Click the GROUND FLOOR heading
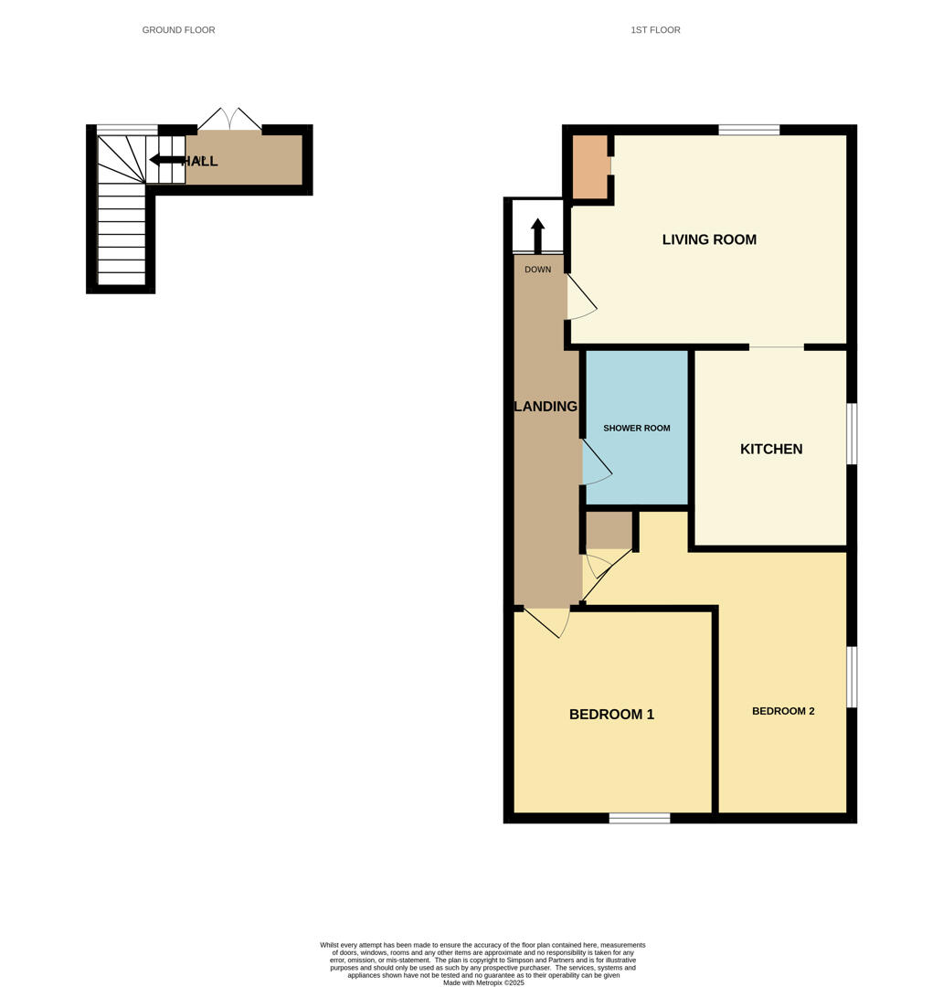tap(178, 30)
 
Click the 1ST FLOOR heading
tap(655, 30)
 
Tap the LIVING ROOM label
tap(709, 239)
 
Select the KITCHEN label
tap(771, 449)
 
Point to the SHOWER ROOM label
tap(637, 428)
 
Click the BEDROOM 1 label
tap(611, 715)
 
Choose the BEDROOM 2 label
tap(783, 711)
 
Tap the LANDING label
tap(546, 407)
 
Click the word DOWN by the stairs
tap(538, 270)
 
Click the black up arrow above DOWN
tap(537, 235)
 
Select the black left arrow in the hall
tap(166, 160)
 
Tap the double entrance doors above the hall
tap(230, 120)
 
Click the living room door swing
tap(581, 298)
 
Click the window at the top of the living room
tap(748, 130)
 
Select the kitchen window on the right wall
tap(852, 433)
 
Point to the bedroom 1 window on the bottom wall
tap(639, 818)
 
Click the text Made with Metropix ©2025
tap(483, 982)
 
